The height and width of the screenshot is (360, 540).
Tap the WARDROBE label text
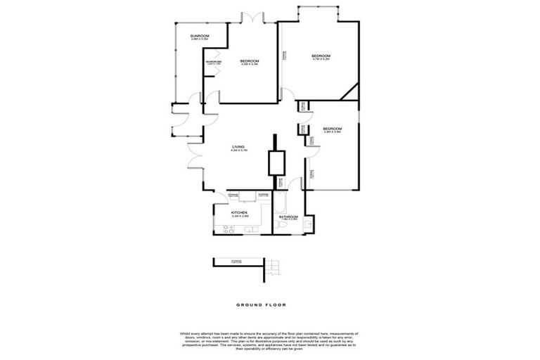pos(214,63)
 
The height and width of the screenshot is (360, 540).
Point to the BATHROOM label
pos(289,217)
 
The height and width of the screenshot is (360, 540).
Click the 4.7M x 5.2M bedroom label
pos(321,57)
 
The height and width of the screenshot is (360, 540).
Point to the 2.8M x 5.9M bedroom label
pos(332,129)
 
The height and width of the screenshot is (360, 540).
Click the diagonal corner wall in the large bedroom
pos(349,92)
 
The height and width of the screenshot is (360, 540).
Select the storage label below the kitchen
pos(236,262)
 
